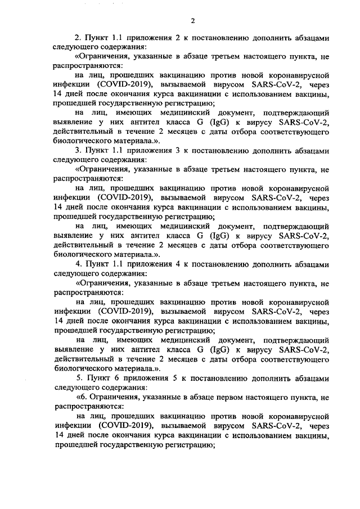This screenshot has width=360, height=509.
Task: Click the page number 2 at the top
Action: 192,21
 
